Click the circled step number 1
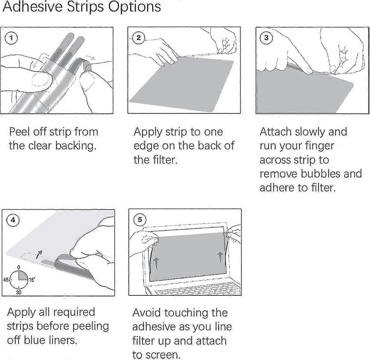coord(12,38)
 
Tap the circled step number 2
coord(138,38)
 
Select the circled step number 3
coord(266,38)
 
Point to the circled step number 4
coord(13,220)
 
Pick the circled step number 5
coord(140,220)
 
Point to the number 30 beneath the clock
coord(19,292)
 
